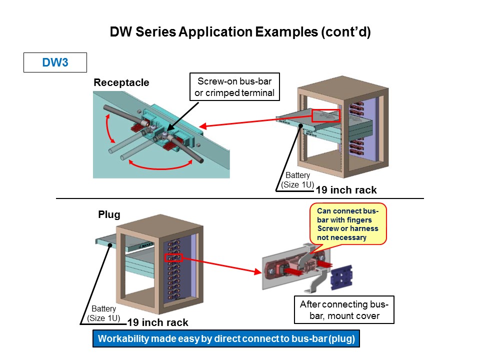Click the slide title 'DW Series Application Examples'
240,32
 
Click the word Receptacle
121,82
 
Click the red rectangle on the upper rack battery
325,116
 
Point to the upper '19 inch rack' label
346,190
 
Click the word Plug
109,214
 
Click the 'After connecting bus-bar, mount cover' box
344,310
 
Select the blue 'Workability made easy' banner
226,338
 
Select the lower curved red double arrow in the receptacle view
161,167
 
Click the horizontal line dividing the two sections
240,198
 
